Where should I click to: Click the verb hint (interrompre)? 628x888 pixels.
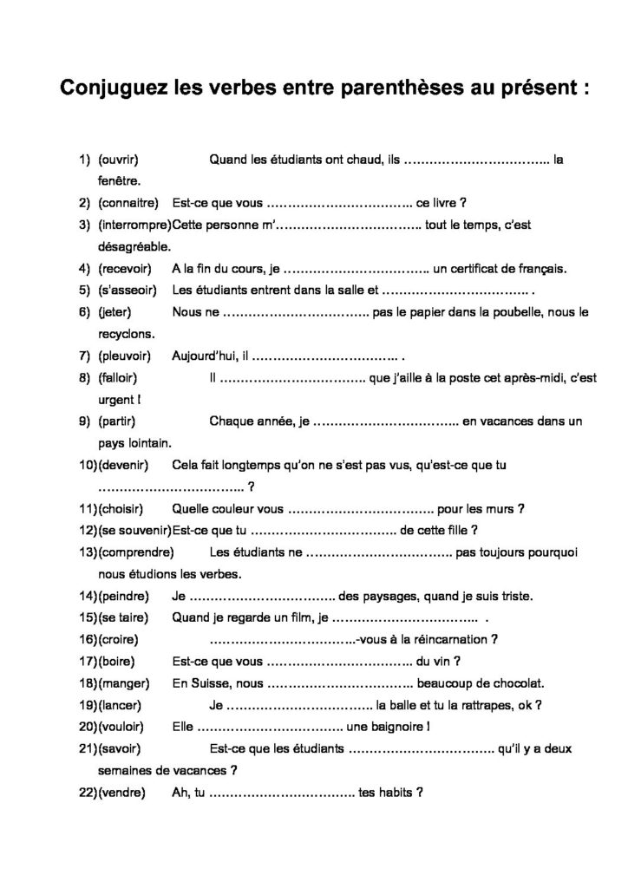[134, 225]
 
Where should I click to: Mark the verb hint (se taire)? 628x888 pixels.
[124, 617]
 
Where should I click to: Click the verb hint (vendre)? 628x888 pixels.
[121, 792]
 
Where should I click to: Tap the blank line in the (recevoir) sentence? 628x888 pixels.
[357, 269]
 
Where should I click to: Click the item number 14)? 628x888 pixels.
[88, 596]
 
